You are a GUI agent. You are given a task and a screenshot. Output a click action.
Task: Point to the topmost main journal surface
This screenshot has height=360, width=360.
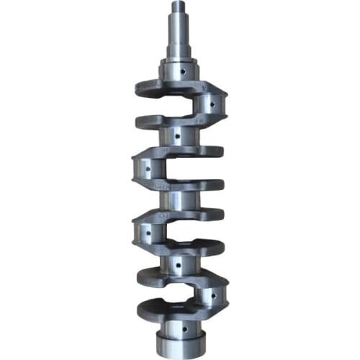point(176,73)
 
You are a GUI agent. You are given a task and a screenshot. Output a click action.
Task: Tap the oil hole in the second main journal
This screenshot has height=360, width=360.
point(175,135)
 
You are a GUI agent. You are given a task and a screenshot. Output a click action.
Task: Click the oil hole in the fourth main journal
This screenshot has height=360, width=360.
point(175,264)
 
